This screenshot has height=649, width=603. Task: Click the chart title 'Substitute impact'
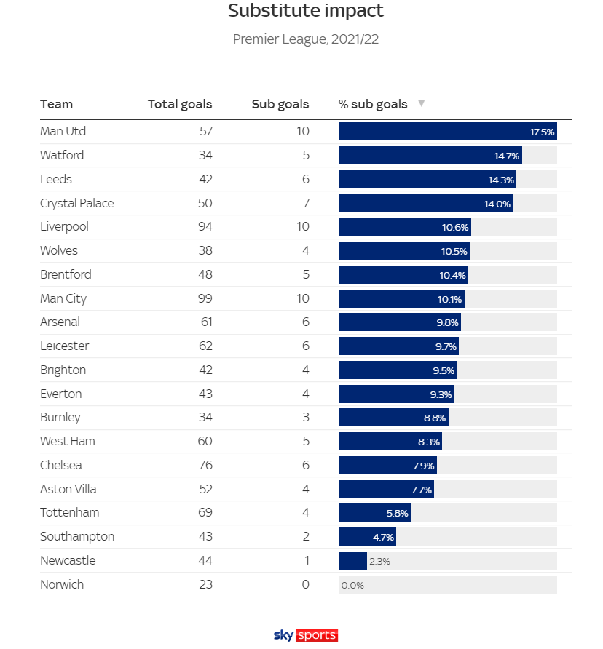point(305,12)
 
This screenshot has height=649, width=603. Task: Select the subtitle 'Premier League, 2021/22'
point(305,39)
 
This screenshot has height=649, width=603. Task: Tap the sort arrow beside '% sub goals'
point(421,103)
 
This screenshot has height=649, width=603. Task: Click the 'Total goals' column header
point(180,104)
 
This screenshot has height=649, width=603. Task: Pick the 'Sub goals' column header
point(280,104)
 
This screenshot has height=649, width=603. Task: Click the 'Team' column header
point(56,104)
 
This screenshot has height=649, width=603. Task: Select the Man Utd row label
point(63,132)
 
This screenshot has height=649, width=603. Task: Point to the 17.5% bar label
point(542,132)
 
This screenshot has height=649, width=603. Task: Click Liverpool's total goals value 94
point(205,227)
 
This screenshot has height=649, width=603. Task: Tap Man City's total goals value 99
point(205,298)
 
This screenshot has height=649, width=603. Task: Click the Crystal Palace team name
point(76,203)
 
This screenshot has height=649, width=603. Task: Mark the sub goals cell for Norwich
point(305,585)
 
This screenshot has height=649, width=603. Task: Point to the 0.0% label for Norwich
point(352,586)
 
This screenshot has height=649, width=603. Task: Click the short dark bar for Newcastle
point(352,561)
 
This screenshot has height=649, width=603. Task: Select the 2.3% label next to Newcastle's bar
point(380,562)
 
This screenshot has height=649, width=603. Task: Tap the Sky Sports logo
point(305,635)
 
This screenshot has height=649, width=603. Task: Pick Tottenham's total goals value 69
point(205,513)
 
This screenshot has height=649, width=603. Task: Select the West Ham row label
point(67,442)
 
